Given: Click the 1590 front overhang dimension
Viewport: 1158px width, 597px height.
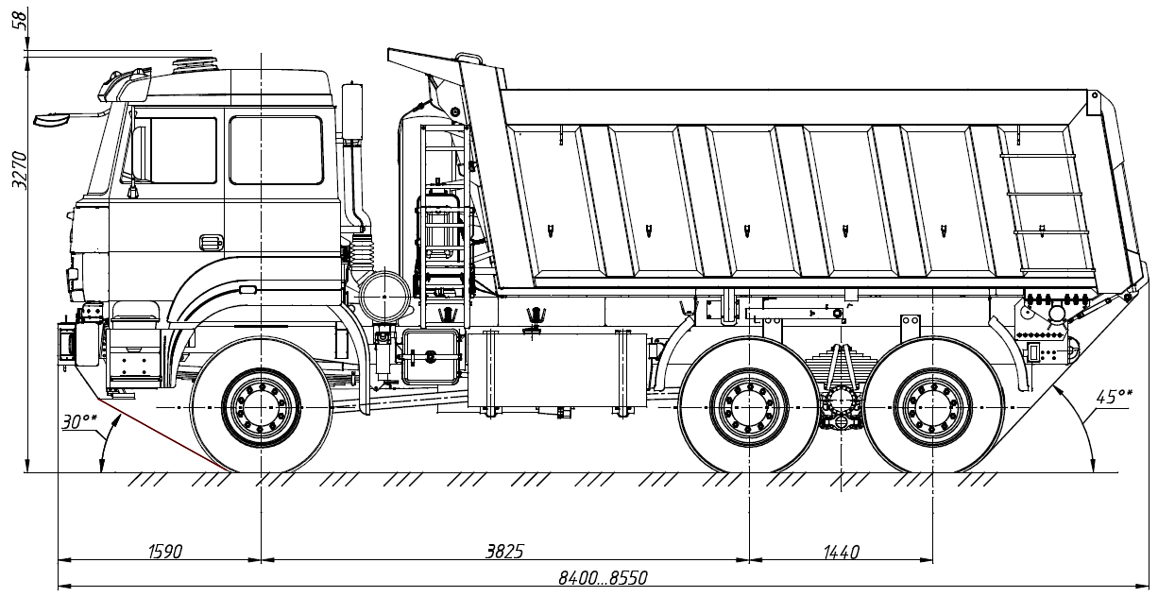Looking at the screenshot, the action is (x=165, y=552).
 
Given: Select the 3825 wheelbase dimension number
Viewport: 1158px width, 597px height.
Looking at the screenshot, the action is (x=504, y=552).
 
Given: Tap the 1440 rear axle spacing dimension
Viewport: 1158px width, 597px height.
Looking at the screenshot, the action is (x=841, y=552).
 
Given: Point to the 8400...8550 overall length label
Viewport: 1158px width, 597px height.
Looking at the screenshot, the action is (x=603, y=577).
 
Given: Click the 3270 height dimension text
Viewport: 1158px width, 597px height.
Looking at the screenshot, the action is (x=20, y=170).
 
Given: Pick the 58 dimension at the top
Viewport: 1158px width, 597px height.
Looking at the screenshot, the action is (x=21, y=21).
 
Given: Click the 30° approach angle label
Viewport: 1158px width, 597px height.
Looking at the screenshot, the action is (x=78, y=421).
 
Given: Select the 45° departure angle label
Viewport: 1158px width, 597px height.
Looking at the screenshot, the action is (x=1114, y=397).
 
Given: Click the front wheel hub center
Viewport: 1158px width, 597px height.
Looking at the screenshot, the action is (x=262, y=408).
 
